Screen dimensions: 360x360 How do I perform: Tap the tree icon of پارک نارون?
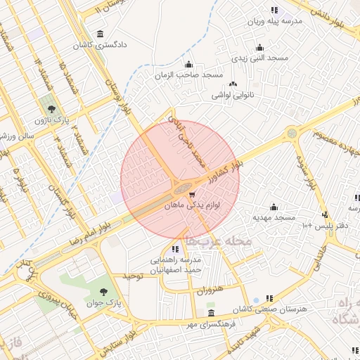pos(51,108)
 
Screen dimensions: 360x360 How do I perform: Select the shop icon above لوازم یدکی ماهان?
pos(192,194)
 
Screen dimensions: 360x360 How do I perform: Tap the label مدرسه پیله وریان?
pos(274,21)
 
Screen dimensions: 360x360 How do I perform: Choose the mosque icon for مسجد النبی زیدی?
pos(259,47)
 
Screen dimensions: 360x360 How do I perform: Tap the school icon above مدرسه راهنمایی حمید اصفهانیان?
pos(174,249)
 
